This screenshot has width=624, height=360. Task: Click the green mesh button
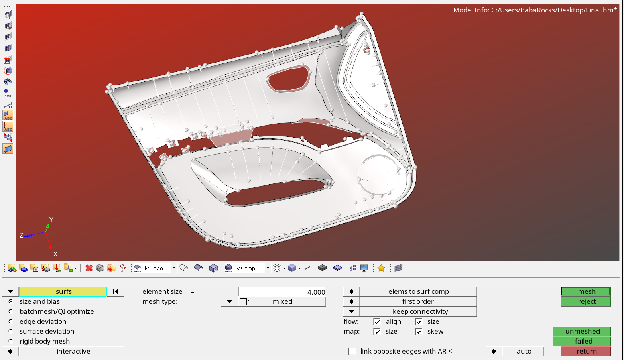point(586,291)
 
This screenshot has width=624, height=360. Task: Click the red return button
point(586,351)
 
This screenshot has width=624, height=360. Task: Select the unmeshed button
point(582,331)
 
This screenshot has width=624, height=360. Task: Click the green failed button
point(582,341)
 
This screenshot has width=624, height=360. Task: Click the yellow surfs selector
point(63,291)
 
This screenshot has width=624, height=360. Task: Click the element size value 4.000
point(282,292)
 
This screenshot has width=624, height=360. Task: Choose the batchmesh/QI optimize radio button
point(11,311)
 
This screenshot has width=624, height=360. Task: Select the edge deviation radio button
point(11,321)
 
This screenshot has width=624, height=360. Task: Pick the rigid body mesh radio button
point(11,341)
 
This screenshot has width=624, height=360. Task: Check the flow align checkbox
point(377,321)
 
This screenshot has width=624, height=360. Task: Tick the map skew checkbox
point(419,331)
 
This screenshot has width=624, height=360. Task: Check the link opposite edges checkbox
point(352,351)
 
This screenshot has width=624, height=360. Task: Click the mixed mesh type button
point(282,301)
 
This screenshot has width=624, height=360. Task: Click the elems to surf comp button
point(418,291)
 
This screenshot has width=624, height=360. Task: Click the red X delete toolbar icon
point(89,268)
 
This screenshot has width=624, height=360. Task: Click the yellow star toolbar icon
point(381,268)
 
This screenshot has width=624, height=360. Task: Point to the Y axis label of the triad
point(51,220)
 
